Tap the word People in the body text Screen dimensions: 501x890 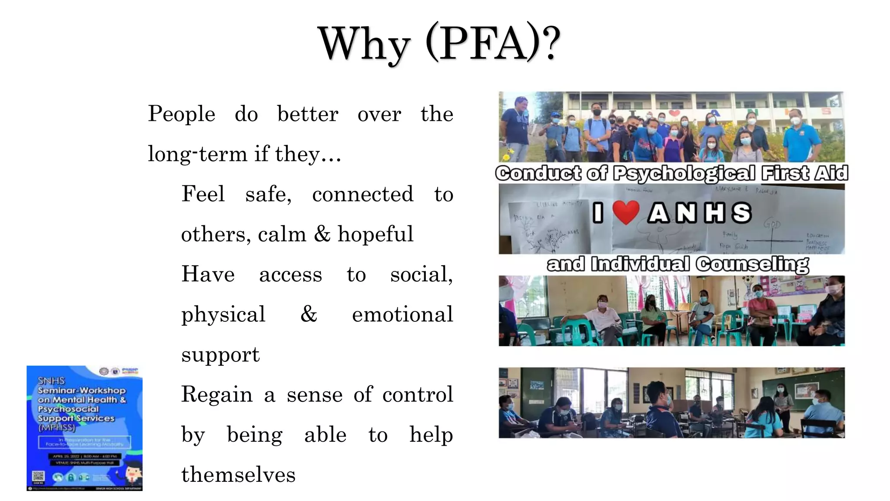click(182, 114)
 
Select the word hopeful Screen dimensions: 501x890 click(375, 234)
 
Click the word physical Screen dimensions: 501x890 click(223, 314)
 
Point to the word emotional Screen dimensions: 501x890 click(402, 314)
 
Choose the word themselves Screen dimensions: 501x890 click(238, 474)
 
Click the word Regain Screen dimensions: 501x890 click(217, 394)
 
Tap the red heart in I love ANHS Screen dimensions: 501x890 click(626, 212)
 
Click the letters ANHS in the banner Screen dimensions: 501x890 click(700, 213)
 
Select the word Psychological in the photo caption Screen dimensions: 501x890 click(684, 174)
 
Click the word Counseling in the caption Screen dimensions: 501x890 click(752, 264)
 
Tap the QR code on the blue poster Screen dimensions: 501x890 click(38, 477)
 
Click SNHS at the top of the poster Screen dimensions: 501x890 click(51, 381)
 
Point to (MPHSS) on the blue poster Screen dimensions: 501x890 click(56, 428)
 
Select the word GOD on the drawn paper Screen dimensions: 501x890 click(772, 224)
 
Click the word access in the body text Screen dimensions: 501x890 click(290, 274)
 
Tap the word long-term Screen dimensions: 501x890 click(198, 154)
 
